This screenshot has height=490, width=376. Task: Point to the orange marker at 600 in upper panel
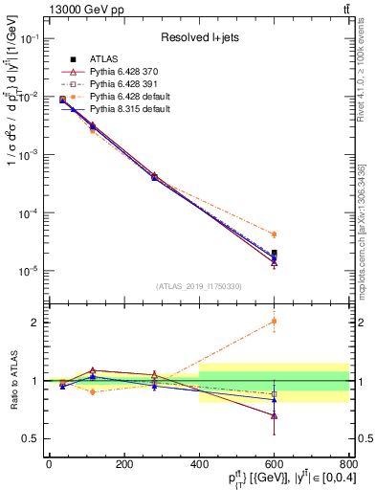[274, 234]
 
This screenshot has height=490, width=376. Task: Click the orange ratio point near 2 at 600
[274, 322]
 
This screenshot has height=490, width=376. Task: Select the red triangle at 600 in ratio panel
[274, 416]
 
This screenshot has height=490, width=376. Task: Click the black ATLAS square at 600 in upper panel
[274, 254]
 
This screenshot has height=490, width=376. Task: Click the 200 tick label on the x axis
[123, 464]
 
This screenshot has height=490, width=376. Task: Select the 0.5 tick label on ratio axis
[32, 438]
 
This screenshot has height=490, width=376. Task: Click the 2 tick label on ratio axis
[36, 323]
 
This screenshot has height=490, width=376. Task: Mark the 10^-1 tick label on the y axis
[30, 38]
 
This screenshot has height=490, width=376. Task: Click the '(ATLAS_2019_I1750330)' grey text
[198, 286]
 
